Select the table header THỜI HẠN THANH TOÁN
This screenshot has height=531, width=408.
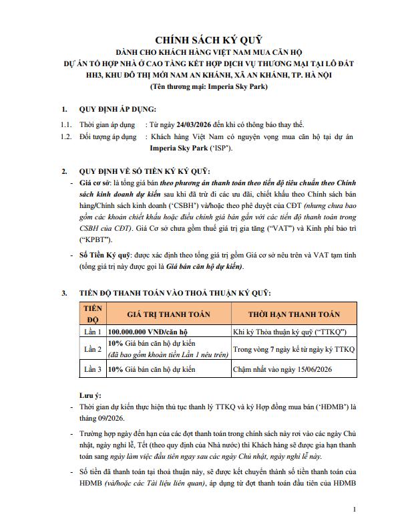pyautogui.click(x=294, y=314)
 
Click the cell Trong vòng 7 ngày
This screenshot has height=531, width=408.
pyautogui.click(x=293, y=349)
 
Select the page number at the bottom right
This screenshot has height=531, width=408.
pyautogui.click(x=353, y=510)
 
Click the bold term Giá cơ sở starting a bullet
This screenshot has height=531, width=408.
pyautogui.click(x=96, y=182)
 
